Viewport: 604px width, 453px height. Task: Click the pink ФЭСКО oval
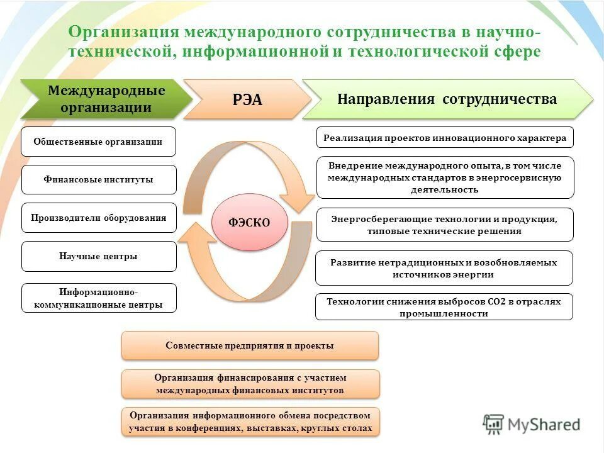pyautogui.click(x=250, y=221)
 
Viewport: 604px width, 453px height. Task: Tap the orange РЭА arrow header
pyautogui.click(x=247, y=99)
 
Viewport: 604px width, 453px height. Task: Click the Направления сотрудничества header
pyautogui.click(x=447, y=99)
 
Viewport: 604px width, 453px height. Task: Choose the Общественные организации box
pyautogui.click(x=99, y=142)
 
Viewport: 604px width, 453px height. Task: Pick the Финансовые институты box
pyautogui.click(x=99, y=179)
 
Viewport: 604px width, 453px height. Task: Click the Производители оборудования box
pyautogui.click(x=99, y=218)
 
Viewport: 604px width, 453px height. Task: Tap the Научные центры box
pyautogui.click(x=99, y=256)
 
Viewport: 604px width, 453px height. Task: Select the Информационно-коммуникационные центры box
pyautogui.click(x=99, y=298)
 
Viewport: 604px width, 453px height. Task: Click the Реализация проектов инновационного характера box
pyautogui.click(x=445, y=138)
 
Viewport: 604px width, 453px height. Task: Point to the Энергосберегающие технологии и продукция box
pyautogui.click(x=445, y=225)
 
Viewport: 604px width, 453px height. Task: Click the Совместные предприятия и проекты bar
pyautogui.click(x=250, y=345)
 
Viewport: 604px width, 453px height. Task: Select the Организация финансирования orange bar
pyautogui.click(x=250, y=384)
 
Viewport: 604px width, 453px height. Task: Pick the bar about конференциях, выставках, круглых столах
pyautogui.click(x=250, y=422)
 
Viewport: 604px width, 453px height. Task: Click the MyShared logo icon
pyautogui.click(x=493, y=425)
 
